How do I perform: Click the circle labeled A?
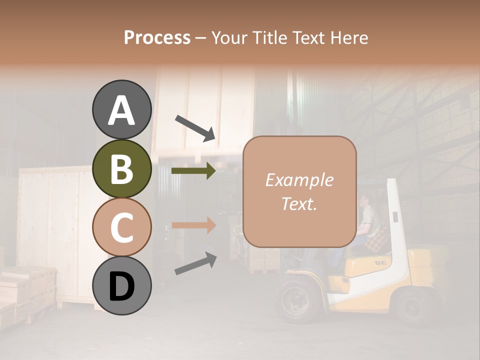tap(121, 110)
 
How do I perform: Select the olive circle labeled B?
tap(121, 169)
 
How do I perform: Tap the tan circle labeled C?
tap(121, 227)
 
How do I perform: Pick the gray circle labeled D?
tap(121, 286)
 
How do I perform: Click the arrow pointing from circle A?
tap(195, 127)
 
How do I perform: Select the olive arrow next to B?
tap(193, 171)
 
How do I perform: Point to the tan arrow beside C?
tap(193, 225)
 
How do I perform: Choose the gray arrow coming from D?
tap(195, 263)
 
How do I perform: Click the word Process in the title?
tap(157, 37)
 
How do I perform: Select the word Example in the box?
tap(299, 180)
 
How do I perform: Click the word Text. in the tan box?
tap(299, 203)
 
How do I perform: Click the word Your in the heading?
tap(229, 37)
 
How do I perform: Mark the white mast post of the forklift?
tap(397, 225)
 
